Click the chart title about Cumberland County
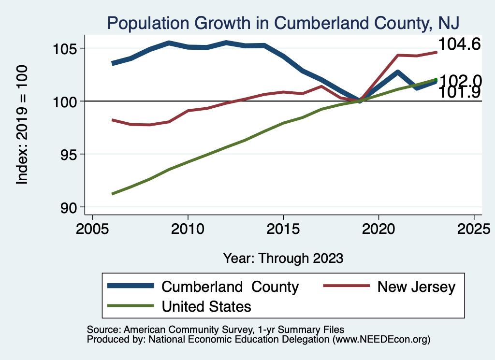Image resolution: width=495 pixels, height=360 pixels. point(283,22)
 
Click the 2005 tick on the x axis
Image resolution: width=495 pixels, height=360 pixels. point(92,228)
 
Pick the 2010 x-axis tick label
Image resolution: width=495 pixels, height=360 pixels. point(188,228)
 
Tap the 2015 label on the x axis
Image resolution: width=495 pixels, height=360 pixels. point(283,228)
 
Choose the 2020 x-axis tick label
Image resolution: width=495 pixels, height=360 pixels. point(379,228)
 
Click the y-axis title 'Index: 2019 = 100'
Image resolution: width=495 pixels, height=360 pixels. point(22,125)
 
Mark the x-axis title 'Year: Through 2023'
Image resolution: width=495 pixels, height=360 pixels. point(283,258)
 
